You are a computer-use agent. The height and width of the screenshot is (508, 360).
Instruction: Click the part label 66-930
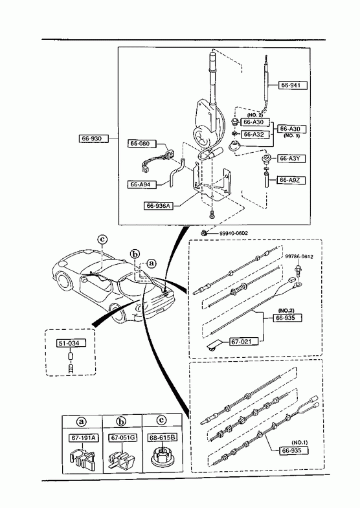[x=92, y=138]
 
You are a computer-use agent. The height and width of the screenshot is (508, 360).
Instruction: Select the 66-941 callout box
[x=293, y=85]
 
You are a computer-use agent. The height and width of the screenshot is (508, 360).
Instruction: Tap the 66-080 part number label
[x=142, y=143]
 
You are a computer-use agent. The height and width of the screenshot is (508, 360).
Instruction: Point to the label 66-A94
[x=141, y=184]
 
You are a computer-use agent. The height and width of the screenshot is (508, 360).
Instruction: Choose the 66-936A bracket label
[x=159, y=206]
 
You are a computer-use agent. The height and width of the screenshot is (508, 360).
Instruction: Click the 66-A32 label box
[x=255, y=134]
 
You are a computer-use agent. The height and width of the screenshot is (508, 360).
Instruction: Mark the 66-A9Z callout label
[x=291, y=180]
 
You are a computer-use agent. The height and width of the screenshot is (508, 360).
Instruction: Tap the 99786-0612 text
[x=299, y=257]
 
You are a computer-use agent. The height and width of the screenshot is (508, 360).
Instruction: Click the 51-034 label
[x=72, y=343]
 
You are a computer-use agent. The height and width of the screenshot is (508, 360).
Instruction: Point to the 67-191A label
[x=84, y=438]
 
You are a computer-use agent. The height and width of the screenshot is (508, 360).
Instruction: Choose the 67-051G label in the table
[x=123, y=438]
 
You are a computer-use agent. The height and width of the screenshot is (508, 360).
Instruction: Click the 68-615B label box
[x=163, y=438]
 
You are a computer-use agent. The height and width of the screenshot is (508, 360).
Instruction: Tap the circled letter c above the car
[x=102, y=239]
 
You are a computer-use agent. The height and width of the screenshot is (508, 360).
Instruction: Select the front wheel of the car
[x=64, y=281]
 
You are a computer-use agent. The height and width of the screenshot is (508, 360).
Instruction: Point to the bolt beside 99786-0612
[x=297, y=272]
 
